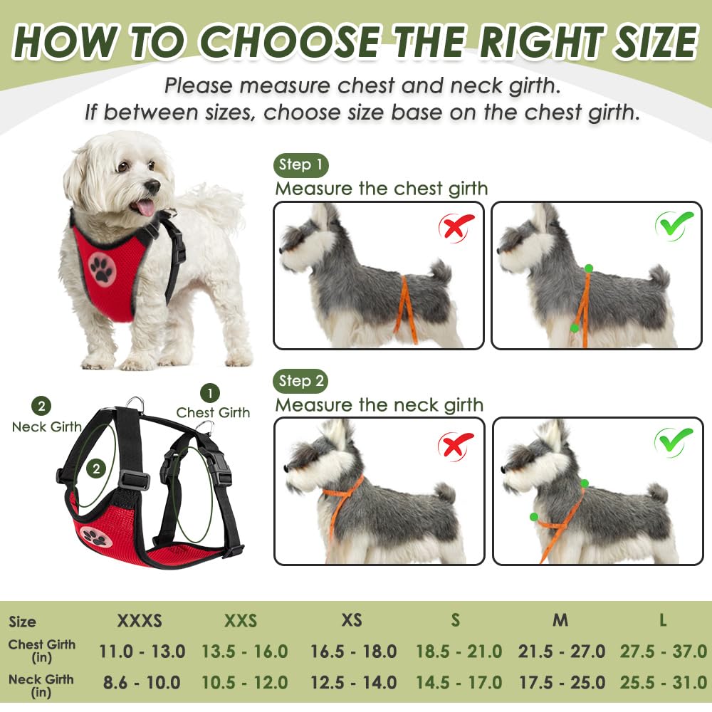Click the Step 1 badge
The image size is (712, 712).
[300, 165]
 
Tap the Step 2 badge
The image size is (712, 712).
[300, 381]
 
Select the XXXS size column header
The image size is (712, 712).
[140, 621]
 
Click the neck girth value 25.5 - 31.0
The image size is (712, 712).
[661, 682]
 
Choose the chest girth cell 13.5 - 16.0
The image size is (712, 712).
[244, 651]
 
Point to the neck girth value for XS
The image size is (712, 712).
[353, 682]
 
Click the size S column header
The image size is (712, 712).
[455, 621]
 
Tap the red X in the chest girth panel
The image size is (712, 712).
[456, 228]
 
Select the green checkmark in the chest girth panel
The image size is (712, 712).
[674, 226]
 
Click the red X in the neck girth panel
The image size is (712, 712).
[456, 445]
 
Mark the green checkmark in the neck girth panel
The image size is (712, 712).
[674, 442]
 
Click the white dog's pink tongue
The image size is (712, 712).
[145, 208]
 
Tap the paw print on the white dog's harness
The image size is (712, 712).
[102, 268]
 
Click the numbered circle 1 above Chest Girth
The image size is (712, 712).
[209, 392]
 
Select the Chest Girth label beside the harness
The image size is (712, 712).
[213, 412]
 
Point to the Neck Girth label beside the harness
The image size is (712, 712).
[46, 426]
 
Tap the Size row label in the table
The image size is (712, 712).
[23, 622]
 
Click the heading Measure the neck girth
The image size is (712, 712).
[379, 405]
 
